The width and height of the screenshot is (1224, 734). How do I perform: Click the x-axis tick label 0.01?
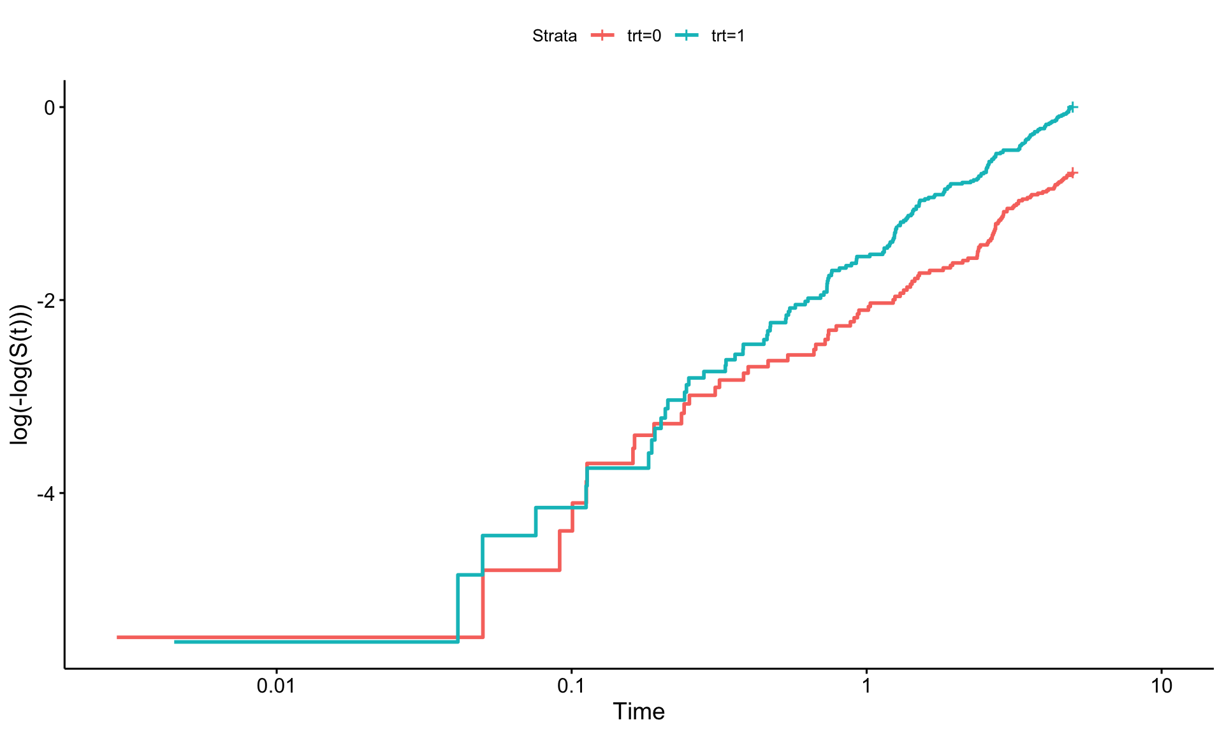pos(276,686)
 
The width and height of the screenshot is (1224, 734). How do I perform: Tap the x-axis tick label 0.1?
pos(571,686)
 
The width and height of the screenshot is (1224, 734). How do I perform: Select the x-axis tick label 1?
pos(866,686)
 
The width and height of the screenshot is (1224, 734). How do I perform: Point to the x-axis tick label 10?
pos(1162,686)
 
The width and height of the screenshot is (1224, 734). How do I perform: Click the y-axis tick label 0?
pos(50,108)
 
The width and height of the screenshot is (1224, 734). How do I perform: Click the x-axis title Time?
pos(639,712)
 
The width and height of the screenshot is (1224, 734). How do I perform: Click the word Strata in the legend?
pos(555,36)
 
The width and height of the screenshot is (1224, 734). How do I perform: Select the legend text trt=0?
pos(644,36)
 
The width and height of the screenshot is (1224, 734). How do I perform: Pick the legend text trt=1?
pos(728,36)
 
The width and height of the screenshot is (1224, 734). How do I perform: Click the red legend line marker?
pos(602,36)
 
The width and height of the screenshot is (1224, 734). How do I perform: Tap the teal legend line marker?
pos(686,36)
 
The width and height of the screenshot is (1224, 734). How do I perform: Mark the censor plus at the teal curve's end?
pos(1072,107)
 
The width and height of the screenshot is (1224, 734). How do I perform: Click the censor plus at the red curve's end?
pos(1072,173)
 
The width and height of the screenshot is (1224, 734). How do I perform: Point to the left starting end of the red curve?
pos(117,637)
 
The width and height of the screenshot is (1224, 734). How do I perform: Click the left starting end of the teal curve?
pos(175,642)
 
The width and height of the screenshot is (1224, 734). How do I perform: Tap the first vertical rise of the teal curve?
pos(458,608)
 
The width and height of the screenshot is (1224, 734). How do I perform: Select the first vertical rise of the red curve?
pos(483,603)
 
